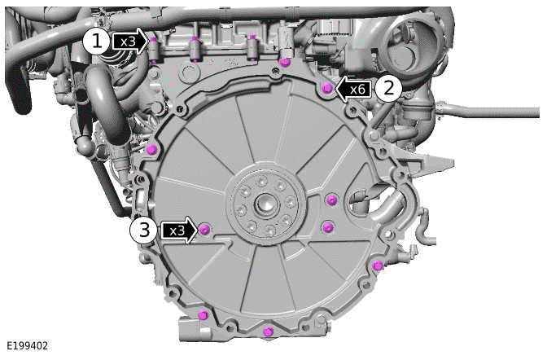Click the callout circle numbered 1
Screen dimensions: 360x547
click(98, 41)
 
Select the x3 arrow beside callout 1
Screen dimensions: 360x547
click(129, 41)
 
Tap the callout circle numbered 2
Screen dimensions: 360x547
click(388, 88)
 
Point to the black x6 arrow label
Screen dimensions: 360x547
click(353, 88)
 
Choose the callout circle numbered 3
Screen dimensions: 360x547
click(143, 230)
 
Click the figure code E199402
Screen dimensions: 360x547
click(26, 346)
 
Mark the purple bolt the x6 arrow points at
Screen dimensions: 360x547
click(326, 87)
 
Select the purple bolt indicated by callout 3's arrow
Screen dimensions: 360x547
click(204, 230)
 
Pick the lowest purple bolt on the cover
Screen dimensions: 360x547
click(268, 331)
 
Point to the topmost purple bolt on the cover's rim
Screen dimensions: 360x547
click(284, 62)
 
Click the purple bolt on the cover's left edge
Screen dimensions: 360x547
click(152, 148)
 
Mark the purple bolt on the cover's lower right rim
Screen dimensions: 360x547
click(377, 266)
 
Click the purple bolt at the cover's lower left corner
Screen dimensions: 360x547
click(203, 315)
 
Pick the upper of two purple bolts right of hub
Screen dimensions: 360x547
click(330, 200)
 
